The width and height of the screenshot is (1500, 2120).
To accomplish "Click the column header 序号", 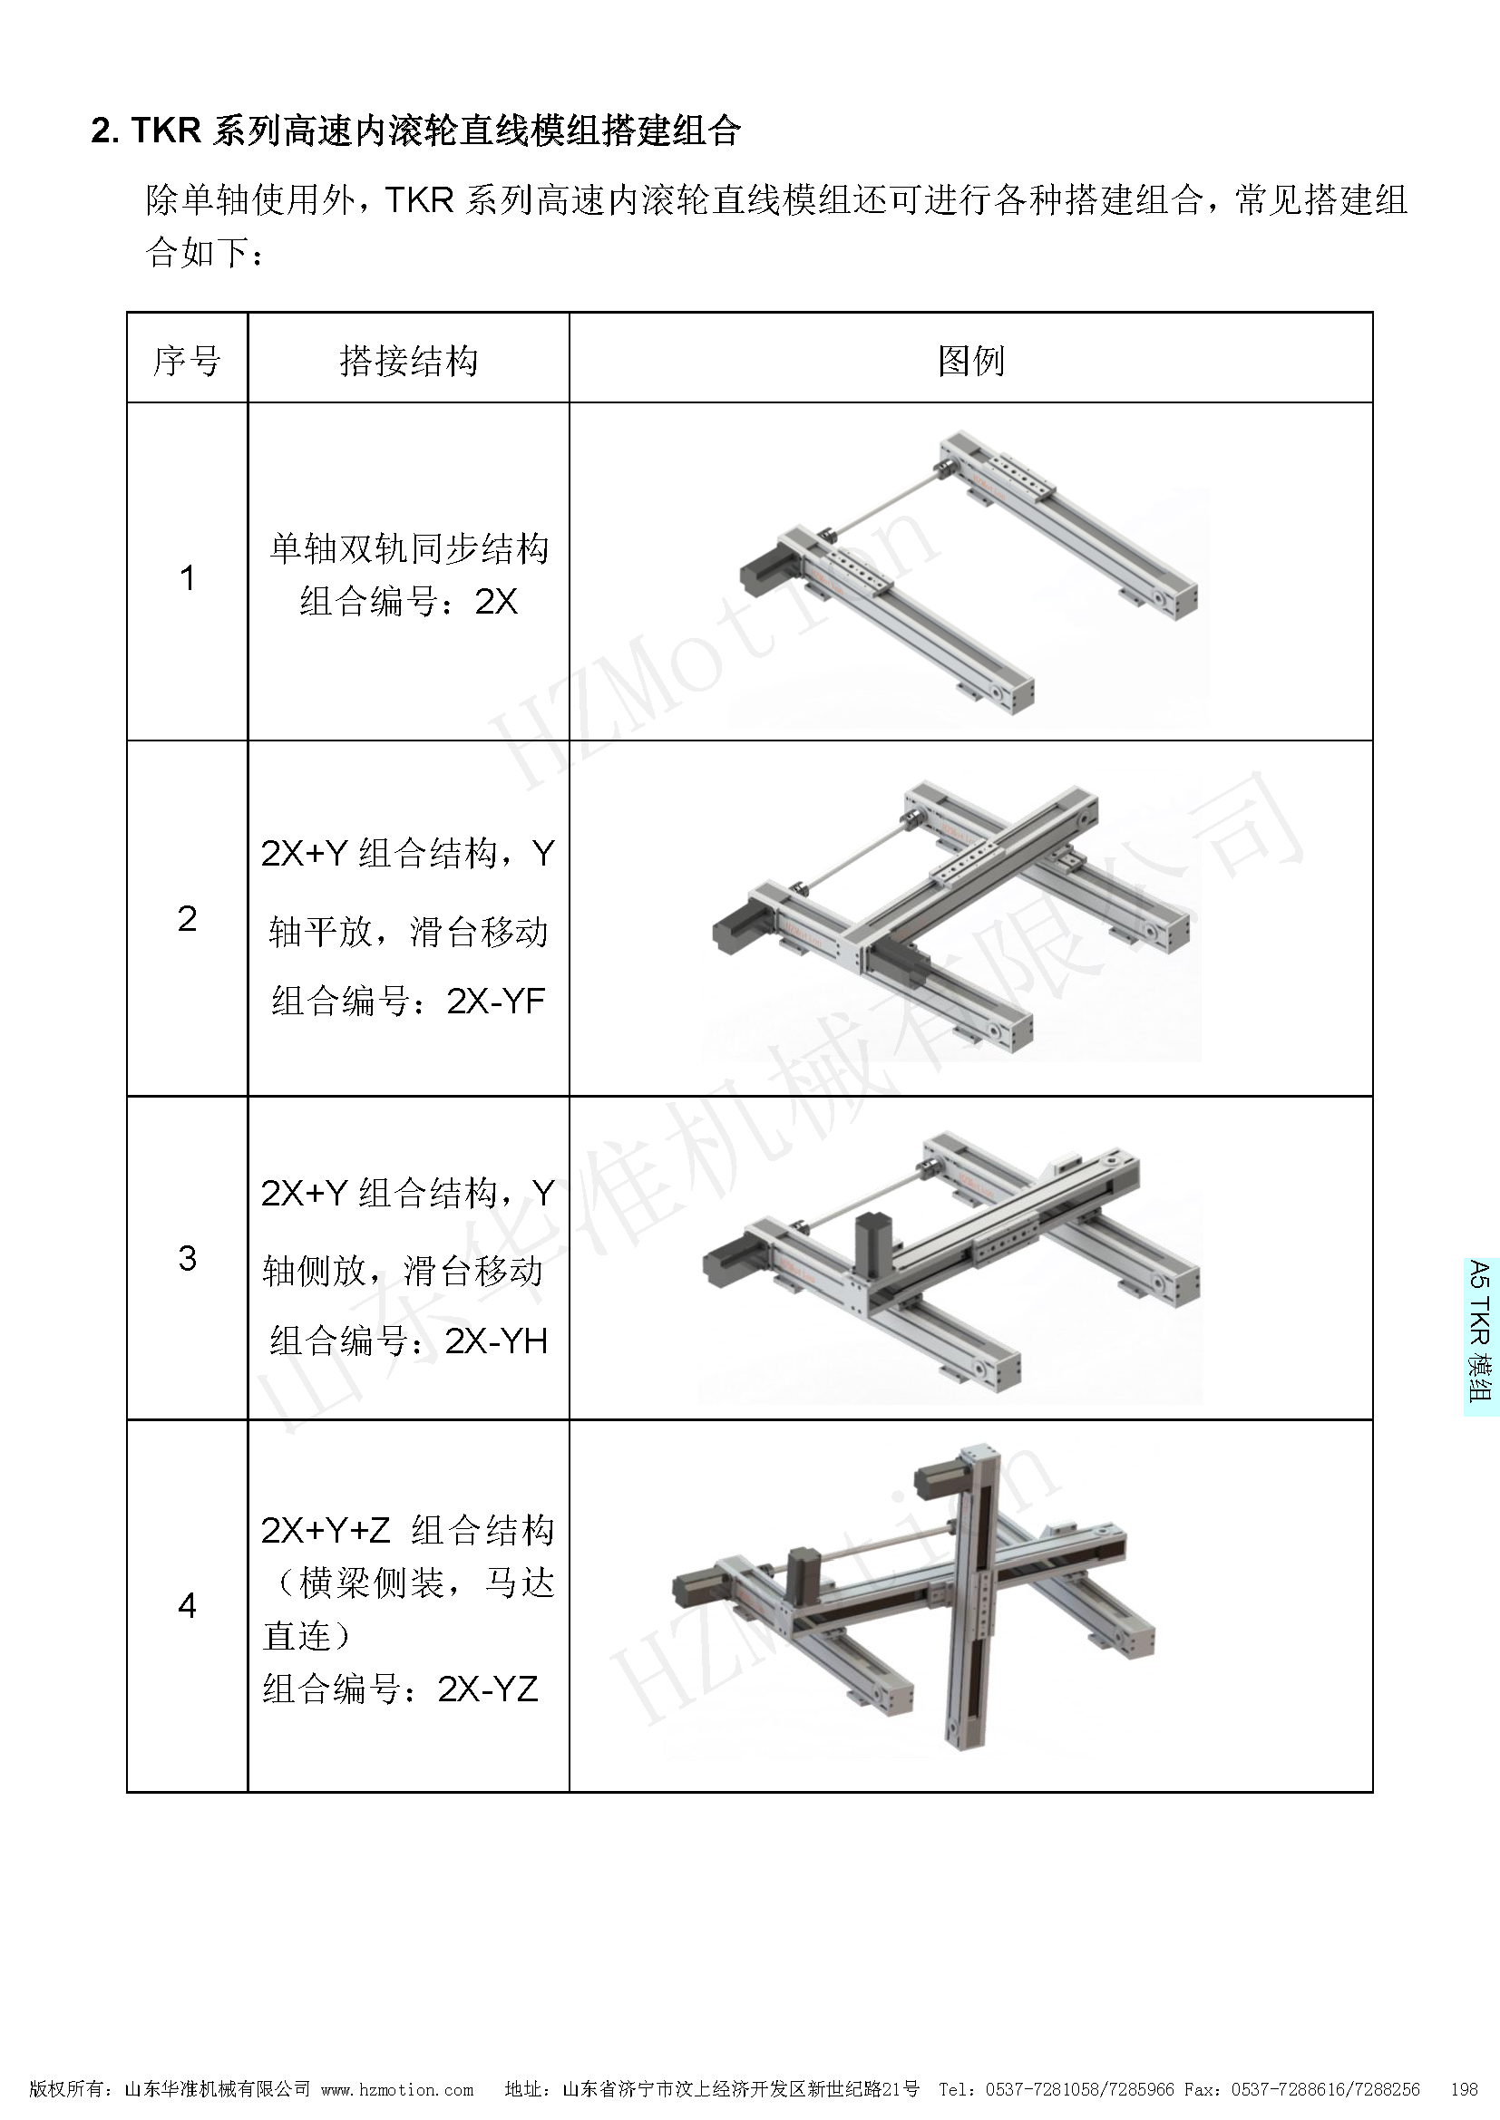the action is click(187, 360).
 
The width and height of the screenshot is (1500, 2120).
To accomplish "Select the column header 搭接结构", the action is click(408, 360).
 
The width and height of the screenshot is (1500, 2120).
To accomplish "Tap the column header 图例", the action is click(970, 360).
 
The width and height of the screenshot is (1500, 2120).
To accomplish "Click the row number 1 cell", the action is click(187, 578).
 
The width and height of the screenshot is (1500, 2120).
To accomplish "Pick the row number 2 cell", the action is click(187, 919).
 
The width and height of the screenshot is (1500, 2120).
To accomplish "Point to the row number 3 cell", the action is click(187, 1259).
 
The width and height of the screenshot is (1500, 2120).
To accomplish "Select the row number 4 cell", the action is click(187, 1607).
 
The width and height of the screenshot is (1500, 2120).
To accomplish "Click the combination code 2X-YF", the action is click(496, 1001).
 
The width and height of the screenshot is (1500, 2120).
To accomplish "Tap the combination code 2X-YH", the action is click(496, 1341).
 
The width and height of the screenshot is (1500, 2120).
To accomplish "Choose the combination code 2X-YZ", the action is click(488, 1689).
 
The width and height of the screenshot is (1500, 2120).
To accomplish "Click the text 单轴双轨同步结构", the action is click(408, 548).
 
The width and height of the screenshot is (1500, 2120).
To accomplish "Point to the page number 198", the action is click(1465, 2088).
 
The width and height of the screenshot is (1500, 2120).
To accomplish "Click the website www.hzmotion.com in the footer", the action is click(397, 2088).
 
